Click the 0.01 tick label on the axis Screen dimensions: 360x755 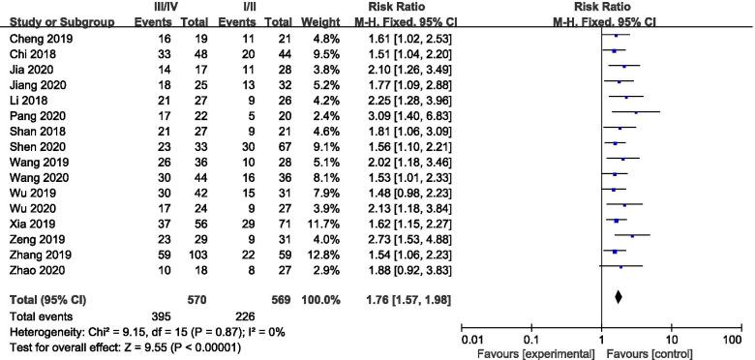pyautogui.click(x=472, y=340)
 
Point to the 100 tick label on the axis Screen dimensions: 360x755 pyautogui.click(x=733, y=340)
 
